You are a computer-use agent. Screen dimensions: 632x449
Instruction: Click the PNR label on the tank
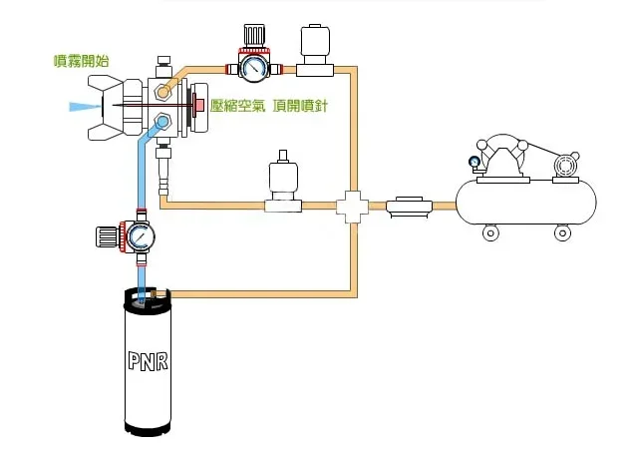(148, 360)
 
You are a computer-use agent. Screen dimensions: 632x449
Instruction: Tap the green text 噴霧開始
(82, 61)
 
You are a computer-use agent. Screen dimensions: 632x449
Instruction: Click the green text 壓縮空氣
(238, 106)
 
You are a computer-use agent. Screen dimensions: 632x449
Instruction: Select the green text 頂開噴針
(300, 106)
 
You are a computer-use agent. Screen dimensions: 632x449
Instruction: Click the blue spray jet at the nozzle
(85, 107)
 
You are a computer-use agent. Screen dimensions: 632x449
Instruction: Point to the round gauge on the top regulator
(253, 67)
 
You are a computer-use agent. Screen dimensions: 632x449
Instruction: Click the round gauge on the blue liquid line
(140, 236)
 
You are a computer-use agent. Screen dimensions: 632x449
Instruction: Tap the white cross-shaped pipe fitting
(352, 207)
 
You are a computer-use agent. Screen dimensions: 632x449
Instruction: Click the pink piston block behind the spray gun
(199, 106)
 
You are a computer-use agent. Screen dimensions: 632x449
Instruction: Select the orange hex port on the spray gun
(162, 93)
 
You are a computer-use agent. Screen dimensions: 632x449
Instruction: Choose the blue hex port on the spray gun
(162, 121)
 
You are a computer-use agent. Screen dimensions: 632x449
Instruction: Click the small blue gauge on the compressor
(474, 163)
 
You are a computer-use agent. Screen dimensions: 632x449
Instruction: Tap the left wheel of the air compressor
(490, 232)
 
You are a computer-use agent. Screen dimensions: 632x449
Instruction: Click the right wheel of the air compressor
(562, 232)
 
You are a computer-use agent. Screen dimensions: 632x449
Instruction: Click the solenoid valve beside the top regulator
(315, 51)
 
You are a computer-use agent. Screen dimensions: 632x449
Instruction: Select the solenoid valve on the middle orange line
(283, 182)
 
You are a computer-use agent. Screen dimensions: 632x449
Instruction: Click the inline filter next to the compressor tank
(409, 207)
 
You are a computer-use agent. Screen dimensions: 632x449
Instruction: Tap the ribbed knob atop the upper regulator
(254, 36)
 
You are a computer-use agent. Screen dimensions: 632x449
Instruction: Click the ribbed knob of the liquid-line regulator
(108, 236)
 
